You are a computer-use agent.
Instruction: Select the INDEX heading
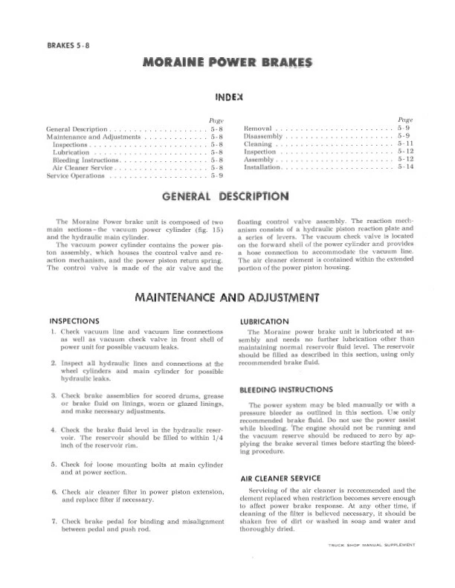tap(229, 97)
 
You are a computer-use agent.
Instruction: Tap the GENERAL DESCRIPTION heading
tap(225, 197)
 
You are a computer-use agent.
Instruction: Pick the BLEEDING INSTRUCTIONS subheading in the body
tap(285, 390)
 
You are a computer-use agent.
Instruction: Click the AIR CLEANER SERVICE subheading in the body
tap(280, 478)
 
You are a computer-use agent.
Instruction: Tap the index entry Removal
tap(259, 129)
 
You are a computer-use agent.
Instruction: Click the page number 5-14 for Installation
tap(405, 167)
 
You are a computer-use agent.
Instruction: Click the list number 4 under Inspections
tap(54, 430)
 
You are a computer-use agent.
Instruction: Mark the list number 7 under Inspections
tap(54, 521)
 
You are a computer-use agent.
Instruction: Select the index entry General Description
tap(77, 129)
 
